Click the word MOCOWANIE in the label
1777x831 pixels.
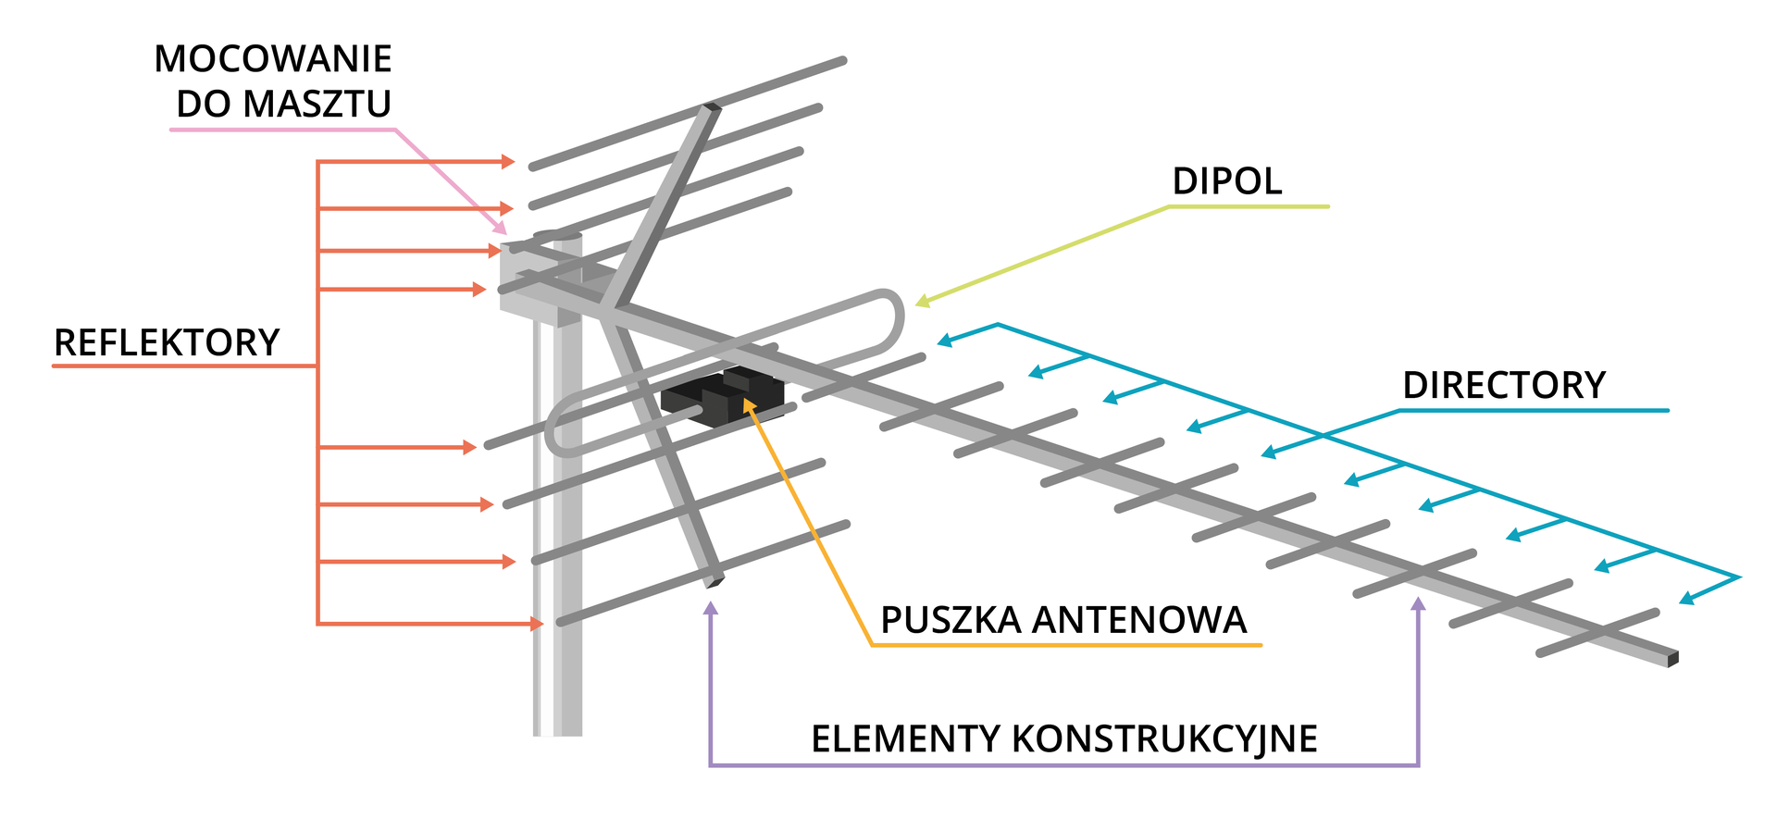click(x=273, y=59)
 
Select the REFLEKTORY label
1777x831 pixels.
click(x=167, y=342)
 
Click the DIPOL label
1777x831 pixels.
click(x=1227, y=181)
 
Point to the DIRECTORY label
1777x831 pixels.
click(x=1504, y=385)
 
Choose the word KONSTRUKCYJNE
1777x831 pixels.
click(x=1165, y=739)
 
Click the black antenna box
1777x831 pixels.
click(x=723, y=399)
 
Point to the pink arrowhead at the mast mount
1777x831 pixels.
click(x=501, y=227)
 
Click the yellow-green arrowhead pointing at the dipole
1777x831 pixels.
click(x=922, y=301)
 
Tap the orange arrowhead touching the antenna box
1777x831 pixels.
click(x=749, y=406)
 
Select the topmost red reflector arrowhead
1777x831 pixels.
click(x=508, y=162)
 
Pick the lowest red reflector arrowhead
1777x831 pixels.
click(x=537, y=625)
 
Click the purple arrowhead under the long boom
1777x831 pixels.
click(x=1418, y=604)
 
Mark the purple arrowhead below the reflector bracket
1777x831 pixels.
click(x=711, y=608)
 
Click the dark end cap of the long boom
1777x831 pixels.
click(x=1672, y=659)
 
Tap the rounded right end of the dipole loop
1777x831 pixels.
click(x=896, y=320)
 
